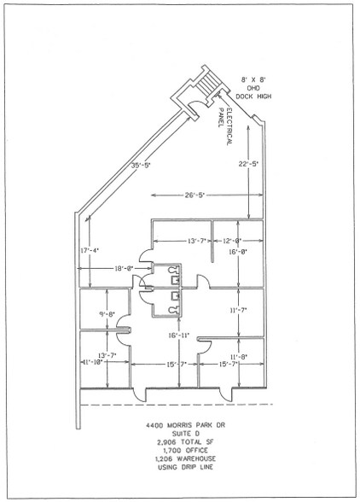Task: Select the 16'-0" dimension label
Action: click(x=237, y=254)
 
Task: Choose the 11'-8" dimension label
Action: click(x=239, y=356)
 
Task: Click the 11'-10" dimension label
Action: click(x=96, y=364)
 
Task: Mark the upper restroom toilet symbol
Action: click(x=174, y=274)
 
